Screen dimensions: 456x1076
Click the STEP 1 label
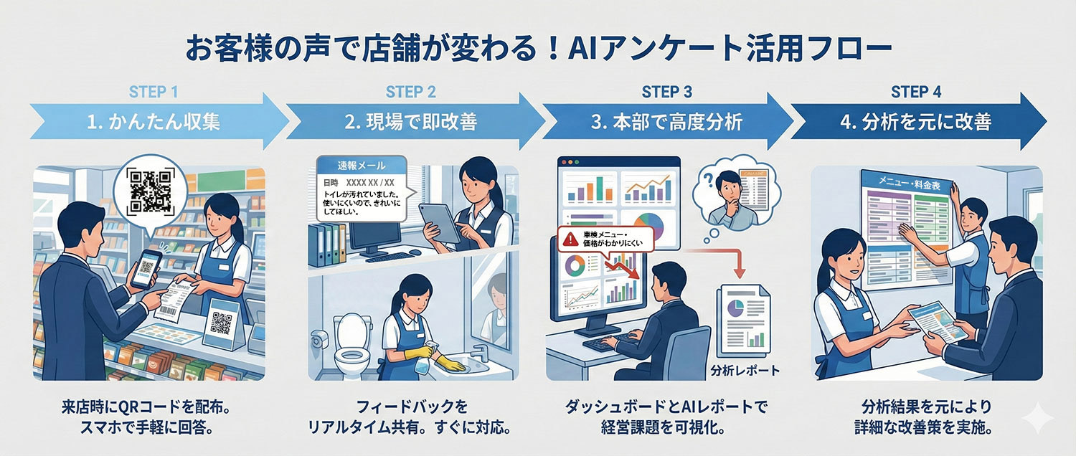[x=152, y=92]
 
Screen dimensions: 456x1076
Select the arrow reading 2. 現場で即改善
[x=410, y=122]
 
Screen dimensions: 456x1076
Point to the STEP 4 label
[x=916, y=92]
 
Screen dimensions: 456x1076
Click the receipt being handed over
[x=178, y=293]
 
